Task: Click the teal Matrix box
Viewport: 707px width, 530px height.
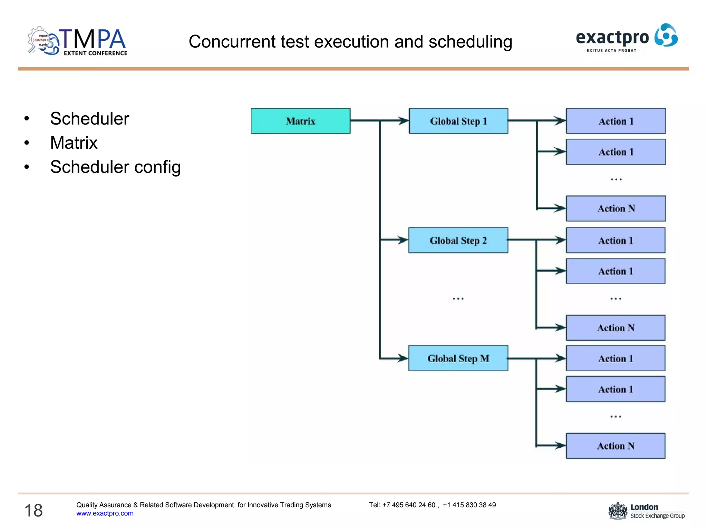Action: [300, 121]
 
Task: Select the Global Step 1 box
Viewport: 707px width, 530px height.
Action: [458, 121]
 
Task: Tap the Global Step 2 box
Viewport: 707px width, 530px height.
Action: [458, 241]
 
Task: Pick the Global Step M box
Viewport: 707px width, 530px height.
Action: [458, 359]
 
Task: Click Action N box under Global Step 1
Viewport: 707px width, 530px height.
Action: [616, 209]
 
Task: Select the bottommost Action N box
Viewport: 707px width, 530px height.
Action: [616, 446]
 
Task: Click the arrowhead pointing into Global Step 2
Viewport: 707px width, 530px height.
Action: [403, 240]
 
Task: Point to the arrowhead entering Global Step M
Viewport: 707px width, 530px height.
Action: [403, 358]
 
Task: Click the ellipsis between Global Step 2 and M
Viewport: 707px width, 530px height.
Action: [458, 299]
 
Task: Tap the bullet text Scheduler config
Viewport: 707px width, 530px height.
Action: [115, 167]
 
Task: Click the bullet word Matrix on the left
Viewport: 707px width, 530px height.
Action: [74, 143]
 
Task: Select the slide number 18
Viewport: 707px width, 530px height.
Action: [33, 510]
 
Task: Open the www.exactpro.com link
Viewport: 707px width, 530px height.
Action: [105, 513]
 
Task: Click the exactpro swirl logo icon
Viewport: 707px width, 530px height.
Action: [666, 35]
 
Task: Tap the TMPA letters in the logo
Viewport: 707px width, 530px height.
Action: [93, 39]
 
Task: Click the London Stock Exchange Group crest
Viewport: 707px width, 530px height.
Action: [618, 511]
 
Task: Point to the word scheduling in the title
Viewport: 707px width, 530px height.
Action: [470, 42]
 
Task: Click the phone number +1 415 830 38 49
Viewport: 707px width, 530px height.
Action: [469, 505]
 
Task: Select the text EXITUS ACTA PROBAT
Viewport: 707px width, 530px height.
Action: [611, 51]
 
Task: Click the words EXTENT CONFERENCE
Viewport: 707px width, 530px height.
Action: [95, 53]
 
